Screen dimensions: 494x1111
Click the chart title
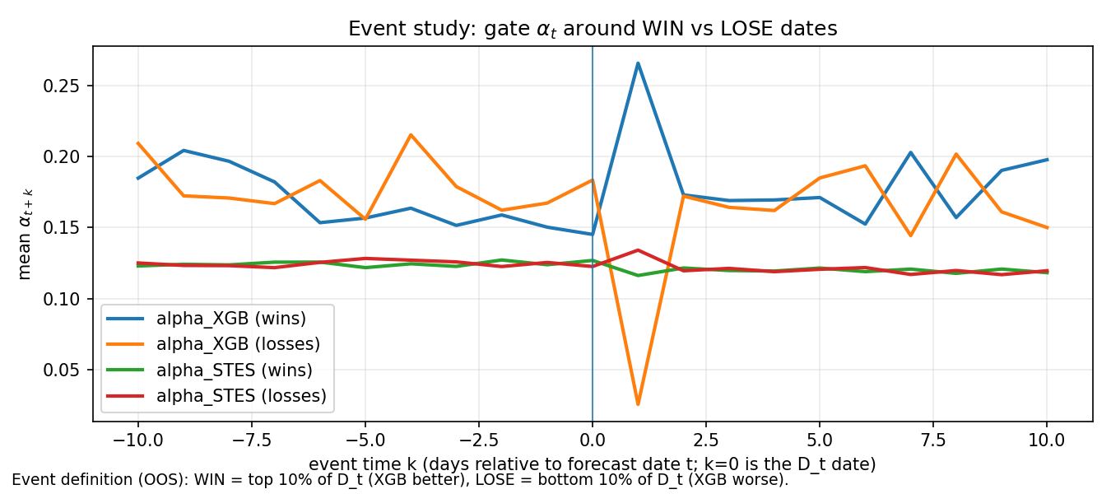coord(593,29)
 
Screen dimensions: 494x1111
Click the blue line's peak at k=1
coord(638,63)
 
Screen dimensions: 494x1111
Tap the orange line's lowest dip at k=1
coord(638,404)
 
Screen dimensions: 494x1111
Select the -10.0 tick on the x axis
coord(137,440)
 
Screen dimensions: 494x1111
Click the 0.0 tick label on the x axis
coord(593,440)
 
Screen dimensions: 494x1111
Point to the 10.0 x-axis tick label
coord(1047,440)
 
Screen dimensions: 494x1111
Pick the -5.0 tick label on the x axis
coord(365,440)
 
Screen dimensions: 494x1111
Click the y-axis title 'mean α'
coord(26,234)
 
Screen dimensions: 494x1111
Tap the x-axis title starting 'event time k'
coord(593,464)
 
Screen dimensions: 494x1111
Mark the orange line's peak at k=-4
coord(411,135)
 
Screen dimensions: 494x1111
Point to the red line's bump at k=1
coord(638,250)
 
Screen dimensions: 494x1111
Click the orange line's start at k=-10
coord(137,143)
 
